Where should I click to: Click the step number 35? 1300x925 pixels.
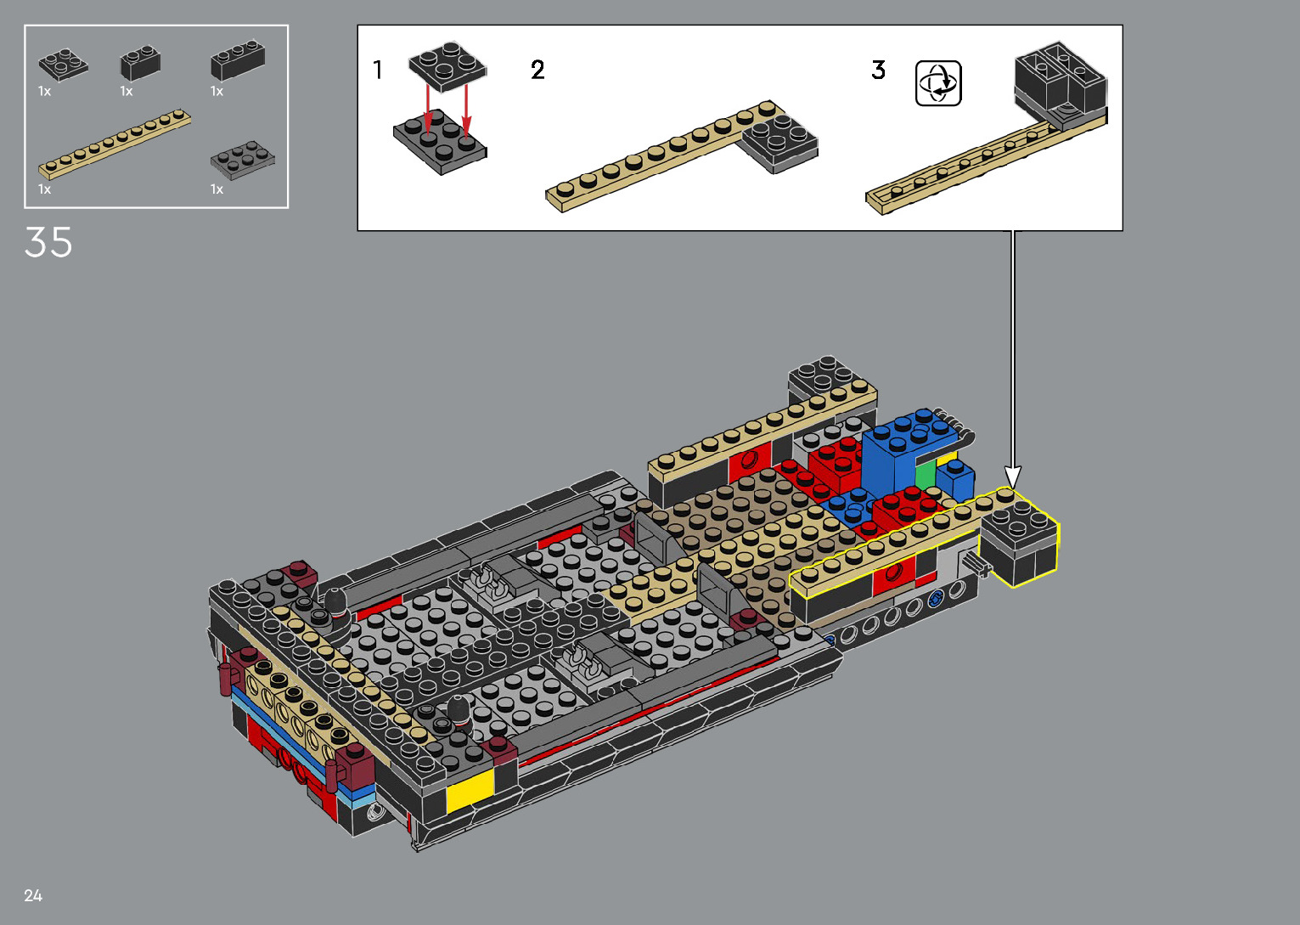[x=48, y=242]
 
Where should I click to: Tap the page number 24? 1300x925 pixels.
[x=33, y=895]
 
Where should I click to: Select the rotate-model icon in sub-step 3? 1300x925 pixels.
[x=938, y=83]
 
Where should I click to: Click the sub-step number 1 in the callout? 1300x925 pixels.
[x=378, y=70]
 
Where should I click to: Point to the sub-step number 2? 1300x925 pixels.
[x=538, y=70]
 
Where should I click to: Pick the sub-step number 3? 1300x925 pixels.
[x=878, y=70]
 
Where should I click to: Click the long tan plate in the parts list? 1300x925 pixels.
[x=115, y=143]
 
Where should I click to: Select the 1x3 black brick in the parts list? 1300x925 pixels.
[x=238, y=59]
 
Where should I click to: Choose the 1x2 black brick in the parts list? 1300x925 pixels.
[x=140, y=63]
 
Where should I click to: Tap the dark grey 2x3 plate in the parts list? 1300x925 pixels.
[x=243, y=161]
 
